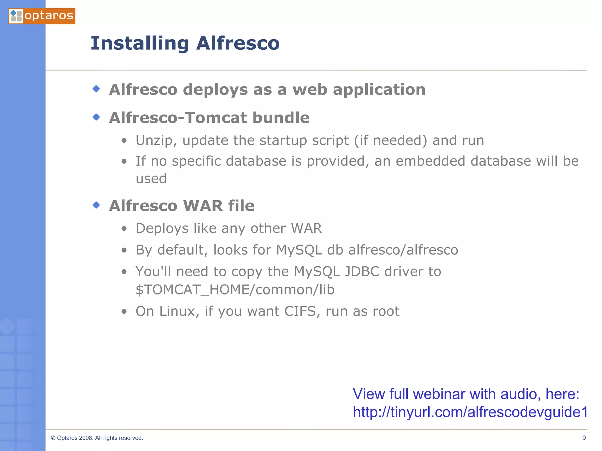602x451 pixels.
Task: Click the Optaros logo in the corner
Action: (42, 16)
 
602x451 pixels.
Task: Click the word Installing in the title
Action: (140, 43)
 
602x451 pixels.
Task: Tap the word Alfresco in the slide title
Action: (238, 43)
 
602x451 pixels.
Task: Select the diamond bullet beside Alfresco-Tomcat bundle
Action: (96, 117)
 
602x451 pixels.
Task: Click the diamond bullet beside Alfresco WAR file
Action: (96, 205)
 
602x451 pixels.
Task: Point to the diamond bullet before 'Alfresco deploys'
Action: (96, 89)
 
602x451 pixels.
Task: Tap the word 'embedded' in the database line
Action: (430, 161)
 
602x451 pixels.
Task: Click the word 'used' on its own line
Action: (151, 179)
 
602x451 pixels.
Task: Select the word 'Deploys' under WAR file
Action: (162, 229)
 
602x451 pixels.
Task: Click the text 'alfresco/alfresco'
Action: (403, 250)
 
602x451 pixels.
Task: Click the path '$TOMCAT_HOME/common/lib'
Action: (235, 290)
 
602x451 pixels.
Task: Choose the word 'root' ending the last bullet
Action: (386, 311)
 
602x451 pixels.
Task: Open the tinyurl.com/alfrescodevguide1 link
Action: (470, 412)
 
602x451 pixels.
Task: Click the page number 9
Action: (584, 438)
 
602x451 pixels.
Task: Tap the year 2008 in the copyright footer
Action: (86, 438)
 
